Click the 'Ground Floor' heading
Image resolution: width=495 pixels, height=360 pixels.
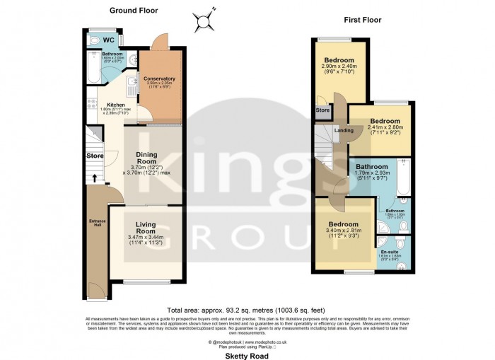tap(134, 11)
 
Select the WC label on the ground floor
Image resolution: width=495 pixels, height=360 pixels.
tap(109, 40)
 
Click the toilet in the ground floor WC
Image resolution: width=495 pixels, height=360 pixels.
tap(95, 41)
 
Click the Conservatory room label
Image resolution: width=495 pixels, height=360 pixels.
tap(159, 79)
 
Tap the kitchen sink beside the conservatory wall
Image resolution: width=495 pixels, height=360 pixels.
tap(132, 86)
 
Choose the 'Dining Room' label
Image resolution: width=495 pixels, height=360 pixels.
tap(146, 156)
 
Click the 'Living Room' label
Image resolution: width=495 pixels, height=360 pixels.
tap(146, 228)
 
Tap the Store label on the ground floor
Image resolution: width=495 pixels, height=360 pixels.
tap(95, 156)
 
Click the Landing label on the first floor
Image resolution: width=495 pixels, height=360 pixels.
tap(344, 131)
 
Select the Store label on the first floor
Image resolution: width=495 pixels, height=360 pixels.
tap(322, 111)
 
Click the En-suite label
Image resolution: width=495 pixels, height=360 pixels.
tap(390, 252)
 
